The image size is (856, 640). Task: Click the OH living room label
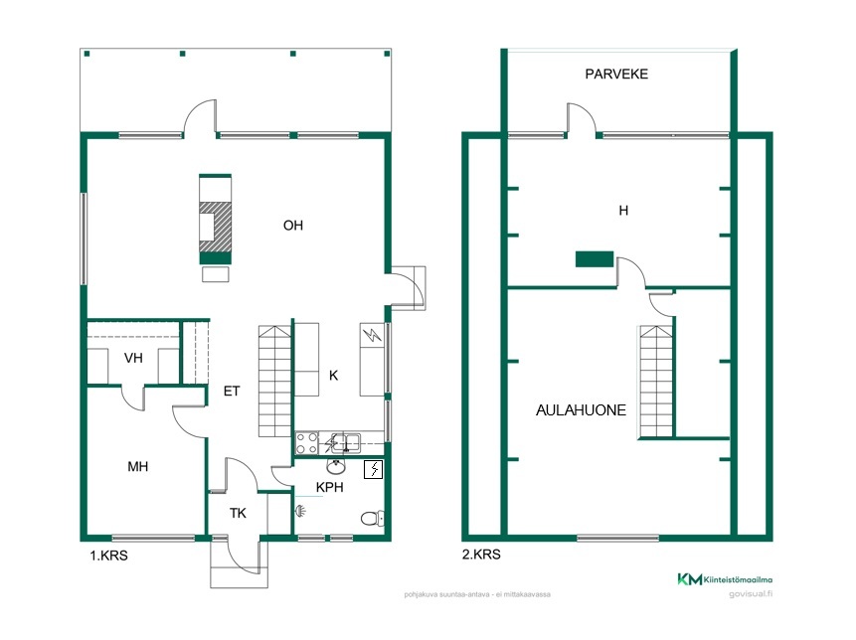[293, 226]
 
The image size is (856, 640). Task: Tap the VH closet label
[133, 358]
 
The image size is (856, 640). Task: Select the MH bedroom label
[137, 466]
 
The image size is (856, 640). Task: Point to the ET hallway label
[232, 391]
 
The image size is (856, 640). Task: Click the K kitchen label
[334, 376]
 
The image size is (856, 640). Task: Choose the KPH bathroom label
[330, 487]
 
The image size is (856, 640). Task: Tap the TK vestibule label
[238, 513]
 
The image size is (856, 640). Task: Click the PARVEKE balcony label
[616, 75]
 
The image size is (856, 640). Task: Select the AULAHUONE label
[581, 410]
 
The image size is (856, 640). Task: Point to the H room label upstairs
[623, 211]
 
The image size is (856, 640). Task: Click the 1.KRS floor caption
[108, 556]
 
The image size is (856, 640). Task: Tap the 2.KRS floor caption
[481, 555]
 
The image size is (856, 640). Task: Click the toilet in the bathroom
[372, 518]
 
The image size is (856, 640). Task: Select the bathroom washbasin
[335, 466]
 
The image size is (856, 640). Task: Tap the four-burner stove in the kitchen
[307, 443]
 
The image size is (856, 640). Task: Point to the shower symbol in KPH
[299, 511]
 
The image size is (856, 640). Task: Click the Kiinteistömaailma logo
[725, 579]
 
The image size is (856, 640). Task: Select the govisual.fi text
[751, 594]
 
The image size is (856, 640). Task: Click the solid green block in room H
[595, 259]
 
